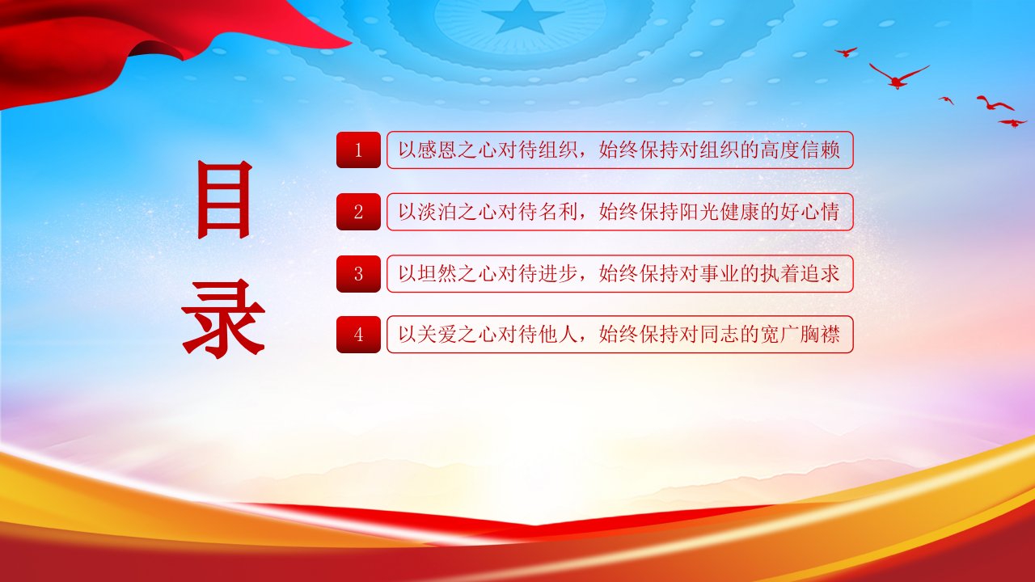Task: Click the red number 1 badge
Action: [358, 150]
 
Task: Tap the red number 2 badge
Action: [358, 212]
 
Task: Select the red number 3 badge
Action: [358, 274]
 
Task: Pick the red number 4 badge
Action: [358, 335]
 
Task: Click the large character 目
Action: [225, 200]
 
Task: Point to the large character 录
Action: [224, 318]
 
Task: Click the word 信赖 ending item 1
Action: [820, 150]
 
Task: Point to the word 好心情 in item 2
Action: [810, 212]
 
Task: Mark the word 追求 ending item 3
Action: [820, 274]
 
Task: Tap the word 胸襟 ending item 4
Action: [820, 335]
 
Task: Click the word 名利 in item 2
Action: [559, 212]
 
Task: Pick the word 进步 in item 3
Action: [559, 274]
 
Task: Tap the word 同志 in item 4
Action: [720, 335]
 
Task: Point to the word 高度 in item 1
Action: [780, 150]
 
